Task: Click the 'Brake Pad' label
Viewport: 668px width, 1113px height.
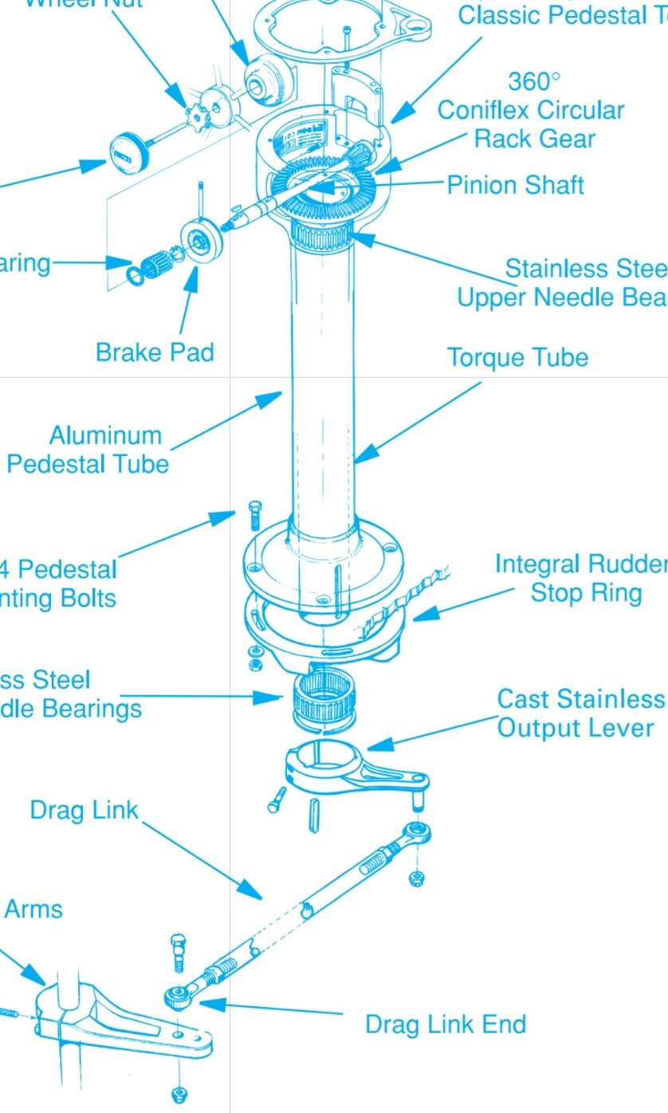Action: [155, 352]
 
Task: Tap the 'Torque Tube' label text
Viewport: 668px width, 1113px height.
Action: [517, 357]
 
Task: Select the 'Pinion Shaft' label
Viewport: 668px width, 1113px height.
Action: [515, 185]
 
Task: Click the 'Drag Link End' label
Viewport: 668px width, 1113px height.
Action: [445, 1024]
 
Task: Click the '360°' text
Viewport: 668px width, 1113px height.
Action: [534, 81]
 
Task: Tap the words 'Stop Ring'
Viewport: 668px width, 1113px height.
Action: [586, 592]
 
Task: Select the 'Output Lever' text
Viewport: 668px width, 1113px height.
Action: [575, 727]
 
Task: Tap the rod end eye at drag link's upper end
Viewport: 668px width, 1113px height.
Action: [418, 833]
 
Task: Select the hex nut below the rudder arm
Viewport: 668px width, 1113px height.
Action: [179, 1093]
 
